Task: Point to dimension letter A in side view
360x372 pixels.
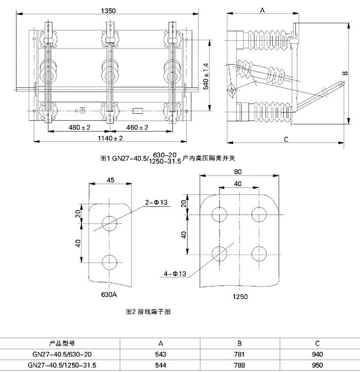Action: click(262, 10)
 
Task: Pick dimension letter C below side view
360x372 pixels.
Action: click(286, 139)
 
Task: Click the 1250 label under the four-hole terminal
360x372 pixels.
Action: click(240, 296)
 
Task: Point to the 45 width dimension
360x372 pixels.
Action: click(111, 180)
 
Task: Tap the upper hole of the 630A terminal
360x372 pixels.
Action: click(110, 222)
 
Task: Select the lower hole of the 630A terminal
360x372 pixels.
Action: click(110, 261)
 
